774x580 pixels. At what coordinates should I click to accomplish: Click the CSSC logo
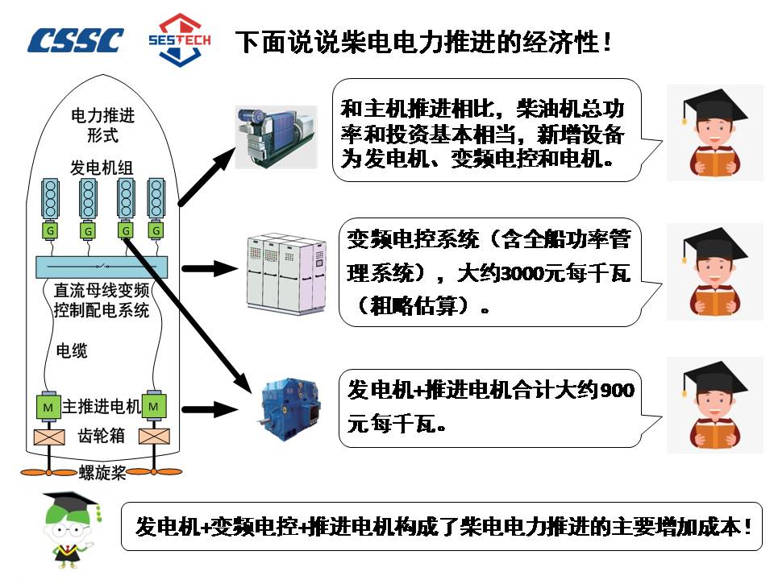click(76, 39)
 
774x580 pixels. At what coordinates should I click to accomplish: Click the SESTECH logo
click(180, 39)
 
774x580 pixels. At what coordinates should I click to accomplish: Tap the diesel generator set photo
click(277, 136)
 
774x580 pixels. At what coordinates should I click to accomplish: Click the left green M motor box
click(48, 407)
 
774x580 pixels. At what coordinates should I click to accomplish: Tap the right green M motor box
click(153, 407)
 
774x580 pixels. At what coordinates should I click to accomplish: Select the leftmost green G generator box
click(51, 231)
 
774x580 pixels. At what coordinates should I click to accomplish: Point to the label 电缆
click(72, 350)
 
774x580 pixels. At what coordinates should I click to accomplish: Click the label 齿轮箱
click(101, 435)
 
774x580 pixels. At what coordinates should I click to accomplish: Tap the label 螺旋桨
click(102, 473)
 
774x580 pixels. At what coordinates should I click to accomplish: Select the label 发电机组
click(102, 167)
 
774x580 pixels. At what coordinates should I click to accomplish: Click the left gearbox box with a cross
click(48, 437)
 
